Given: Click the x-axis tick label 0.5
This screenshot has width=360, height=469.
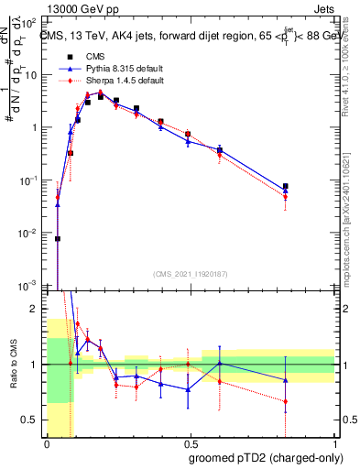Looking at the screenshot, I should click(189, 442).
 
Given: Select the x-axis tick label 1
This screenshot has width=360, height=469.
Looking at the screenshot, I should click(333, 442).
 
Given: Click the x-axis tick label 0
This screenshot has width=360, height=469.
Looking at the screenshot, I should click(46, 442).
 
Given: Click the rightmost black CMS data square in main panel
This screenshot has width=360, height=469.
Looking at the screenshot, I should click(286, 186).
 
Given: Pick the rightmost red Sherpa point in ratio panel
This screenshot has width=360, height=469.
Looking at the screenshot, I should click(286, 401).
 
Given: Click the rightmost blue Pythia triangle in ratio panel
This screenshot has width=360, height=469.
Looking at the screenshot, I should click(286, 380).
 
